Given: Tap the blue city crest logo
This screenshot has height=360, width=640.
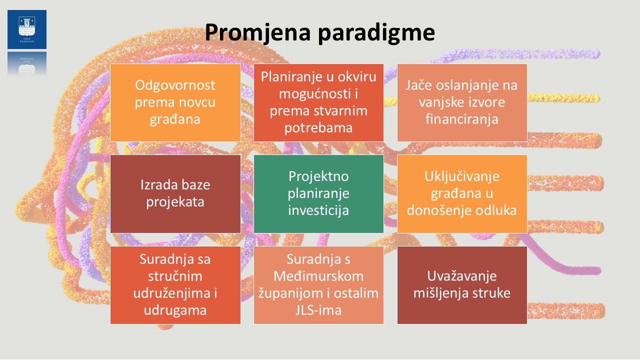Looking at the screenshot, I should point(27,29).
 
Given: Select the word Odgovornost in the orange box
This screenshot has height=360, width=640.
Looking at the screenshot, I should point(175,85).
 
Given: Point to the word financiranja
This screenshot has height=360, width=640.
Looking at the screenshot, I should point(461,119).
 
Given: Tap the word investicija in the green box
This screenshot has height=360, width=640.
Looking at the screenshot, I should point(318,210).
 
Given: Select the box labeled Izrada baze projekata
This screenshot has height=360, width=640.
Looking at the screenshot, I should point(175,193).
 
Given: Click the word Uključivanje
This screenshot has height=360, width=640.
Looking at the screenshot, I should point(461,176).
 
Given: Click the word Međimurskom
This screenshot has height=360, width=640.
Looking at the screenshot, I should point(318,276).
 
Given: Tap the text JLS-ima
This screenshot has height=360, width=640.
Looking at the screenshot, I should point(318,310).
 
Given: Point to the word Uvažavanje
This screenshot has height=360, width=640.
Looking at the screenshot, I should point(461,276).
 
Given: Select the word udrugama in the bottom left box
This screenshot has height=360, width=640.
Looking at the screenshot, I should point(175,310).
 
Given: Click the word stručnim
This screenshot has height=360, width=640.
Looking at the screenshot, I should point(175,276).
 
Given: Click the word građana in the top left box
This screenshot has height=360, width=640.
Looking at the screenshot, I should point(175,119).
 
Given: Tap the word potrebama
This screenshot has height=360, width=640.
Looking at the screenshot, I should point(318,127).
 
